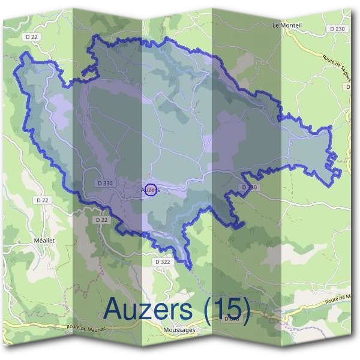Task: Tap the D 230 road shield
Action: [337, 29]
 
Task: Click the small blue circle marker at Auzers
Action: [151, 190]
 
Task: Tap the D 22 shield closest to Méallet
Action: [42, 200]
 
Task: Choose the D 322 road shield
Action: [162, 262]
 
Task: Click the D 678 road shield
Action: [231, 319]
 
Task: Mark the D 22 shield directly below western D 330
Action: [101, 220]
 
